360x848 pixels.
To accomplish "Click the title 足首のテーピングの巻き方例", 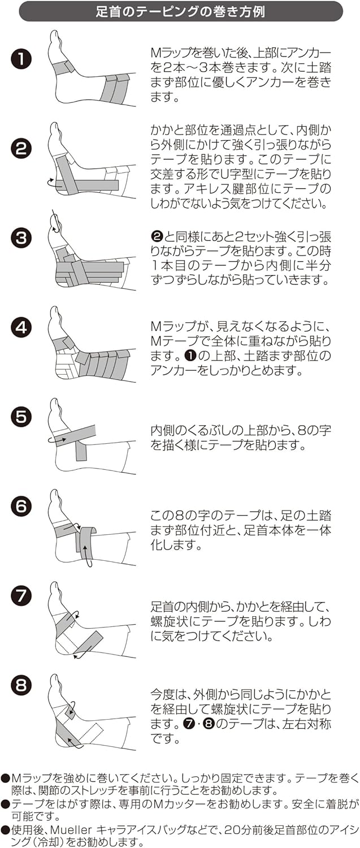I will coord(180,11).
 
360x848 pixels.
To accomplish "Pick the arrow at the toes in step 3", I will coord(54,220).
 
